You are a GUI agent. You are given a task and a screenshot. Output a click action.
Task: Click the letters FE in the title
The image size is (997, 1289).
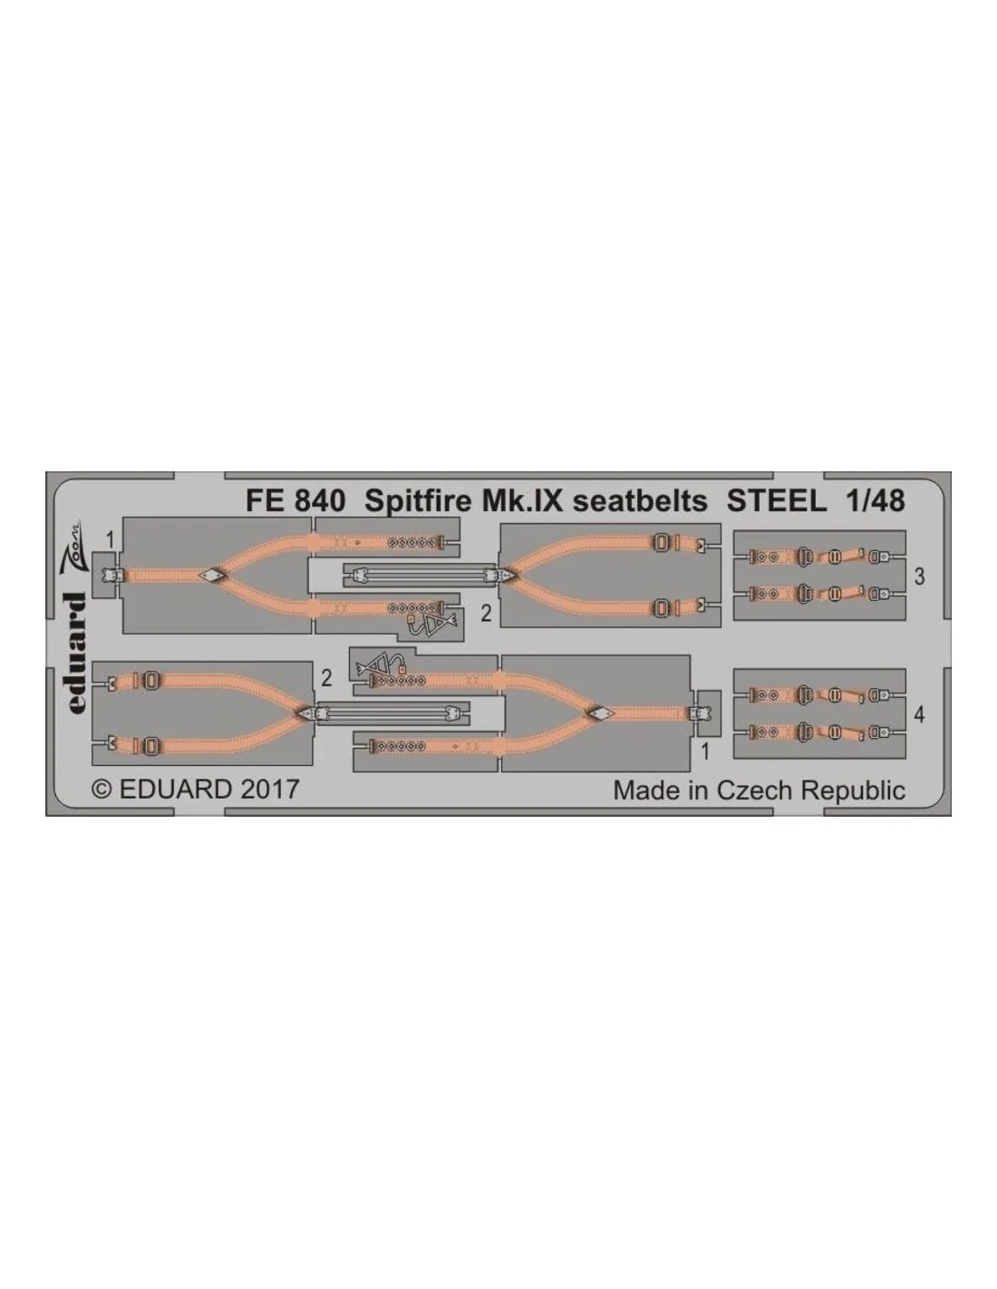pyautogui.click(x=262, y=502)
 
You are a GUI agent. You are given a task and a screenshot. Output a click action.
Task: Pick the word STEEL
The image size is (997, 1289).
pyautogui.click(x=777, y=502)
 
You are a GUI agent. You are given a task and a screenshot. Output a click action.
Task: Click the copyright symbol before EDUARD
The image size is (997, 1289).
pyautogui.click(x=102, y=790)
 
